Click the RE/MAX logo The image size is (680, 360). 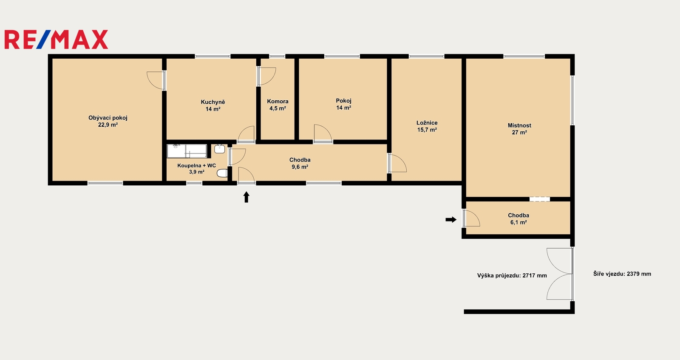coord(56,40)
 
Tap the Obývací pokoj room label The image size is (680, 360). coord(108,121)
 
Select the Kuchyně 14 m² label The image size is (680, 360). coord(213,105)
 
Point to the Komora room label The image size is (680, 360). coord(278,105)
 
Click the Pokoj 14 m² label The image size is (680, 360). coord(344,104)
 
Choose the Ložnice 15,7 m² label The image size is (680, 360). coord(427,126)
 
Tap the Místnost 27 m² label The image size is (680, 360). coord(519,129)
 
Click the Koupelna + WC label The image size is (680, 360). coord(196,169)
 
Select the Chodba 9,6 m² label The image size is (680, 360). coord(300,163)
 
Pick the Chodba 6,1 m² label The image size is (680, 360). coord(518,218)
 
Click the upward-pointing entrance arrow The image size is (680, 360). coord(246,197)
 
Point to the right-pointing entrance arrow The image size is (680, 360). coord(451,219)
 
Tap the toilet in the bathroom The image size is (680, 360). coord(222,173)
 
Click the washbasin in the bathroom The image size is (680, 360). coord(219,149)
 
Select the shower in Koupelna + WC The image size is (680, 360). coord(187,151)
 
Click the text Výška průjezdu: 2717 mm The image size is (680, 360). coord(512,275)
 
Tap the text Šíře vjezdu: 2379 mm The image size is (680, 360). coord(622,274)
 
